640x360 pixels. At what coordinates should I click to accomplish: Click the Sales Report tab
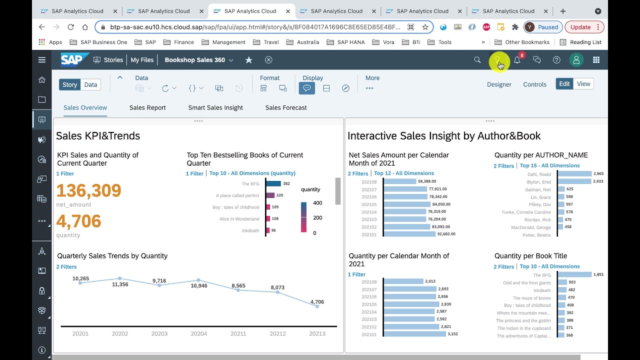pyautogui.click(x=147, y=107)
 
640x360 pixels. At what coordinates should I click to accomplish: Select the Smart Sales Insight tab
pyautogui.click(x=215, y=107)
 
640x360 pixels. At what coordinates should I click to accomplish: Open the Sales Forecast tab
pyautogui.click(x=286, y=107)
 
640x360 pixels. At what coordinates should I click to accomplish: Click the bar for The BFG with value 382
pyautogui.click(x=273, y=183)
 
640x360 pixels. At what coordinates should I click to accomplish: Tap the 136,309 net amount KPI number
pyautogui.click(x=88, y=190)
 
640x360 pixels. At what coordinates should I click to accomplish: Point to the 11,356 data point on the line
pyautogui.click(x=119, y=278)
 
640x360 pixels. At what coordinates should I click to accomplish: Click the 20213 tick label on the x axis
pyautogui.click(x=317, y=333)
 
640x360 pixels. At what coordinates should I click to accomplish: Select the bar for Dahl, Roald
pyautogui.click(x=574, y=174)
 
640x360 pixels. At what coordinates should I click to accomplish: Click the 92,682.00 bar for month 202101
pyautogui.click(x=409, y=234)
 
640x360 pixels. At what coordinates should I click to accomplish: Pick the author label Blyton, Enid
pyautogui.click(x=538, y=182)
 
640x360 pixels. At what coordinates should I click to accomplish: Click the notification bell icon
pyautogui.click(x=517, y=60)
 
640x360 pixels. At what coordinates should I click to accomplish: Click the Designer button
pyautogui.click(x=499, y=84)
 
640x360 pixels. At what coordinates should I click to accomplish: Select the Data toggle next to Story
pyautogui.click(x=90, y=84)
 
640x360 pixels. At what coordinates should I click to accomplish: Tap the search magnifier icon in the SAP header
pyautogui.click(x=477, y=60)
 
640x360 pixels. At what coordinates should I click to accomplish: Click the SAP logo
pyautogui.click(x=72, y=60)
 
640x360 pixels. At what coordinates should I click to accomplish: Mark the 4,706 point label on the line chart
pyautogui.click(x=317, y=301)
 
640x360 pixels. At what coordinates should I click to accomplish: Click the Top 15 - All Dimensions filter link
pyautogui.click(x=549, y=165)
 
